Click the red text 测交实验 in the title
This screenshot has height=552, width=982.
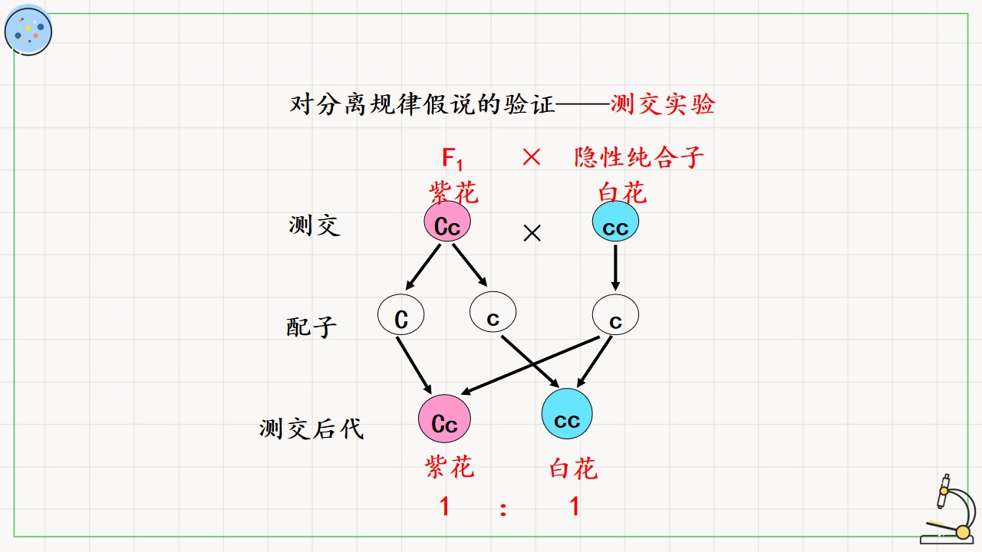[662, 104]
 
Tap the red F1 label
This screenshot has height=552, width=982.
[453, 159]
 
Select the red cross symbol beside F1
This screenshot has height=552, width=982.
[532, 157]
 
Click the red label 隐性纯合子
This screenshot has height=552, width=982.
[639, 157]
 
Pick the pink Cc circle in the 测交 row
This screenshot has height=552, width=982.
[447, 222]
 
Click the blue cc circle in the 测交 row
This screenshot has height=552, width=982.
[615, 222]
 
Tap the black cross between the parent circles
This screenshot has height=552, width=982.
[532, 233]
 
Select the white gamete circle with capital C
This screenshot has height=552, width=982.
[400, 314]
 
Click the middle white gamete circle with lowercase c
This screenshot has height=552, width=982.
[493, 312]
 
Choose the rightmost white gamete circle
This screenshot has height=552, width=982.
[615, 314]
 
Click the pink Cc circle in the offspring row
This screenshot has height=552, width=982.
[444, 419]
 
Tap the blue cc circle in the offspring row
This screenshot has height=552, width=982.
[567, 413]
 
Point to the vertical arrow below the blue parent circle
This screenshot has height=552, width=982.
[615, 268]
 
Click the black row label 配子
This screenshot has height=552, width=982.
[311, 327]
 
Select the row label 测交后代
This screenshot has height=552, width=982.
[311, 429]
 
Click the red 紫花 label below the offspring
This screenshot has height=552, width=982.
[450, 467]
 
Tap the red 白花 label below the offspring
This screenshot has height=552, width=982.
[573, 468]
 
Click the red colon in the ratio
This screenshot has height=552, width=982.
[503, 509]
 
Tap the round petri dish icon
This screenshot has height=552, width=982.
[28, 31]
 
